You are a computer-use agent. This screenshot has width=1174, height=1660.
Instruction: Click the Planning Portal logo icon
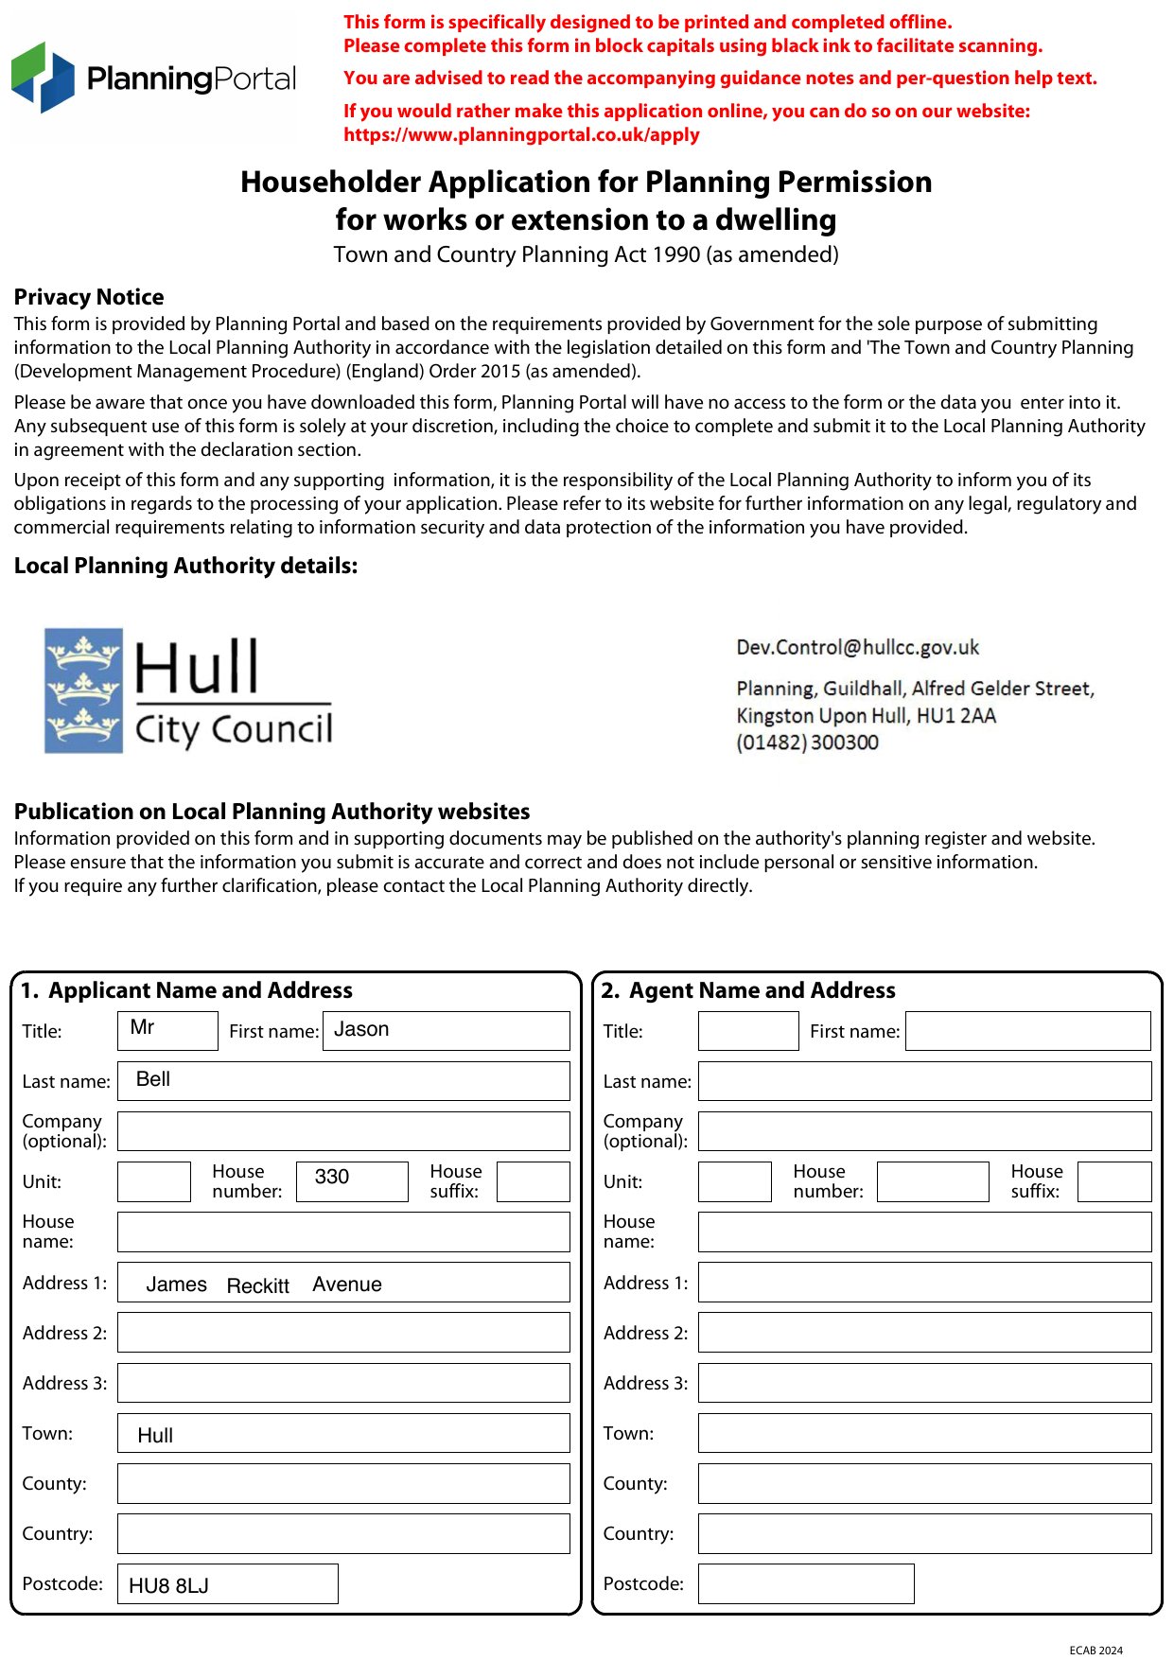pos(43,78)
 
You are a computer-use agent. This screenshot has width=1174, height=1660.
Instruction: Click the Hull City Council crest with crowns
pos(84,690)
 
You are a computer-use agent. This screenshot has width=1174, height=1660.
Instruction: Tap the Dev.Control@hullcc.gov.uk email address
pos(857,648)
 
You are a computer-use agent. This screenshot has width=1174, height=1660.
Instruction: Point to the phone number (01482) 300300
pos(807,743)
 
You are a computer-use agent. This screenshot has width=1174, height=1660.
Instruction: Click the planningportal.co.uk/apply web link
pos(521,134)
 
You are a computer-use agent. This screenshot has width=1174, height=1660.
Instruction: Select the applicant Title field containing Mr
pos(167,1030)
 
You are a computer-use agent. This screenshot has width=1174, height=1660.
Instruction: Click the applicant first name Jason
pos(361,1029)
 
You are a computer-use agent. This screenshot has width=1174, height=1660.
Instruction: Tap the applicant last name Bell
pos(153,1079)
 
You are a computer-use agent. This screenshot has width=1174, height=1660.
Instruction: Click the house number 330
pos(332,1177)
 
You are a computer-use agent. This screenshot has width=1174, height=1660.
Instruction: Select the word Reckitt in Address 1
pos(258,1285)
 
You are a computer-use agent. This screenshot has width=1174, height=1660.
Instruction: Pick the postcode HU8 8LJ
pos(169,1585)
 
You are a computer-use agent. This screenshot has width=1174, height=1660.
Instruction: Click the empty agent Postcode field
pos(806,1583)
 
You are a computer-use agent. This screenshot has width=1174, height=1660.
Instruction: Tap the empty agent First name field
pos(1027,1031)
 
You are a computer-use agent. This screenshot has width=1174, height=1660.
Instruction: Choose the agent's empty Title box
pos(748,1031)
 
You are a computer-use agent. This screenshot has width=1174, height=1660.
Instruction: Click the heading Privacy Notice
pos(89,297)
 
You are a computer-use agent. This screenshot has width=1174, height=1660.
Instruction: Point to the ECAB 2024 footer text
pos(1095,1651)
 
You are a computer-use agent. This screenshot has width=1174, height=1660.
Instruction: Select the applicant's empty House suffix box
pos(533,1181)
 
